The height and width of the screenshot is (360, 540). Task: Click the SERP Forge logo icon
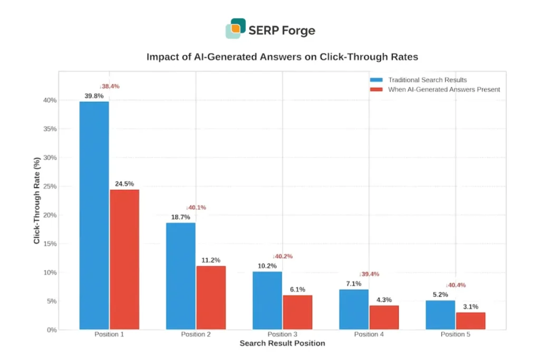point(236,28)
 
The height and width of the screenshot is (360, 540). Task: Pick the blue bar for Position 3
point(267,300)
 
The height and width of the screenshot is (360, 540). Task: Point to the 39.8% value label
point(94,96)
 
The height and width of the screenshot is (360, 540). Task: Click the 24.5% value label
point(124,184)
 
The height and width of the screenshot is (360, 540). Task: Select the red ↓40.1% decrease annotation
point(196,208)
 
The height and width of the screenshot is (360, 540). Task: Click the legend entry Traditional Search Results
point(427,80)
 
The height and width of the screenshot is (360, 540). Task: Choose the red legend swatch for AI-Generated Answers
point(377,90)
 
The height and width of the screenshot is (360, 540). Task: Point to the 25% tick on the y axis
point(65,186)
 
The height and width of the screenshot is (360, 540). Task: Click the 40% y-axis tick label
point(65,100)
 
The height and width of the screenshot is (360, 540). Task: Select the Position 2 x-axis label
point(196,334)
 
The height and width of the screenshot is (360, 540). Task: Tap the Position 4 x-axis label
point(369,334)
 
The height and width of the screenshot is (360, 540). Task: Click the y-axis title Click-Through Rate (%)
point(37,200)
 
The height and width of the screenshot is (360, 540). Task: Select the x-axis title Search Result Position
point(282,343)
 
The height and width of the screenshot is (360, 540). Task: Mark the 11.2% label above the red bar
point(211,260)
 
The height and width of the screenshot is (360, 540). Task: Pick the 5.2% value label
point(440,295)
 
